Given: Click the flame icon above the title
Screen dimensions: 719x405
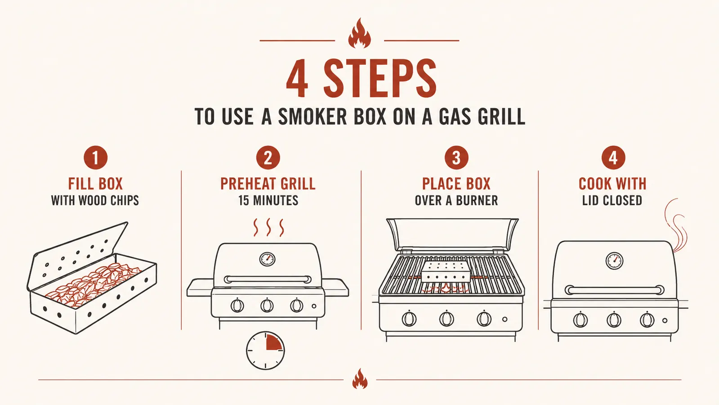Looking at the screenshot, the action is pos(360,34).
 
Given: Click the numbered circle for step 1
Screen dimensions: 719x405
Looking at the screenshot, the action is pos(95,157).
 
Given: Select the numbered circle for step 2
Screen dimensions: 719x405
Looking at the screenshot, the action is pos(268,157).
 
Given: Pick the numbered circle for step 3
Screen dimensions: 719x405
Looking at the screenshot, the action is pos(456,157).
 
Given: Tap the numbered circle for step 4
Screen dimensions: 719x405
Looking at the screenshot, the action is pos(613,157).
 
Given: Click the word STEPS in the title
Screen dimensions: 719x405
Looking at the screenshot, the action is pos(380,78).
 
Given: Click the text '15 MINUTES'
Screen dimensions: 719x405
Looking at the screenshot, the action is pos(268,200).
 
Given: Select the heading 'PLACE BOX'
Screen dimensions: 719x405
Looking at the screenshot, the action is pos(456,184).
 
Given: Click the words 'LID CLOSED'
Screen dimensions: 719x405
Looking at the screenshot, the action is pos(612,200).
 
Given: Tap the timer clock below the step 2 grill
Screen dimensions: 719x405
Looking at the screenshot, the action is pos(265,351).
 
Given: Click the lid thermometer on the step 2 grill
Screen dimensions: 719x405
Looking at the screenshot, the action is pos(268,259).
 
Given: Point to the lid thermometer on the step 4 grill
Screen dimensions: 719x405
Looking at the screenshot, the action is pos(614,261).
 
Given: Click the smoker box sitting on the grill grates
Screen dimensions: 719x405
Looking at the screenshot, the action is pos(447,272).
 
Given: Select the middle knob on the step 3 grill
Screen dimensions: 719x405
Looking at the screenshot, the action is pos(447,319).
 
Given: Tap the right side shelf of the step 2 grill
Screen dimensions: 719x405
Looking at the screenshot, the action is pos(335,288).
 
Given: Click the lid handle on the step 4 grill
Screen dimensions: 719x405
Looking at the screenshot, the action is pos(615,290).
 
